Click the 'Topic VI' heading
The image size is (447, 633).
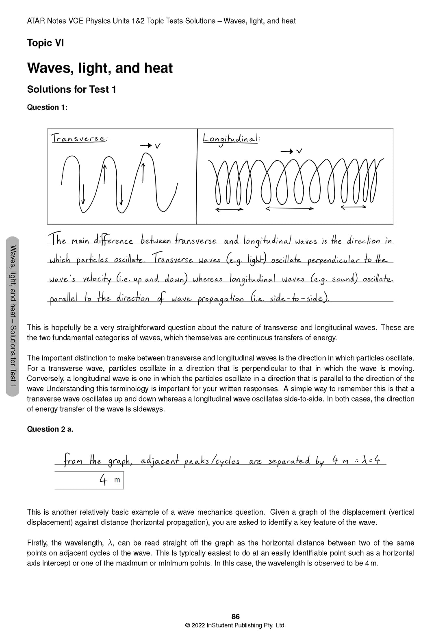46,43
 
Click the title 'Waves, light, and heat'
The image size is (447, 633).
100,68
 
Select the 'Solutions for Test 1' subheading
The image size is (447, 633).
72,89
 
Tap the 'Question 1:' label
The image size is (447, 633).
47,107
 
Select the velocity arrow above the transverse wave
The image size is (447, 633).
147,145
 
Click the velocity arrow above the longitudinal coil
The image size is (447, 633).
287,151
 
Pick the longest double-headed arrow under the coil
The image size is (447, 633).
289,209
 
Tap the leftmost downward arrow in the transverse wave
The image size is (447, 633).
83,194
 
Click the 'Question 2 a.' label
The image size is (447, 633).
50,429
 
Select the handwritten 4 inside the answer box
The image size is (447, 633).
103,480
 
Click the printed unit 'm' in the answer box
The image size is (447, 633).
117,480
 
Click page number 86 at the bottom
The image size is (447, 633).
235,617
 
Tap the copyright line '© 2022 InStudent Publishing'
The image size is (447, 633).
235,626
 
